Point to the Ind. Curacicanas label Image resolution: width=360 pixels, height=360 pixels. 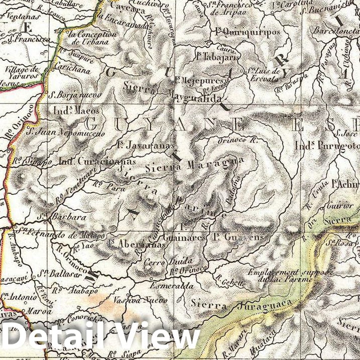pos(97,162)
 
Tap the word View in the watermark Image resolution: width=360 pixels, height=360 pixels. pos(154,337)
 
